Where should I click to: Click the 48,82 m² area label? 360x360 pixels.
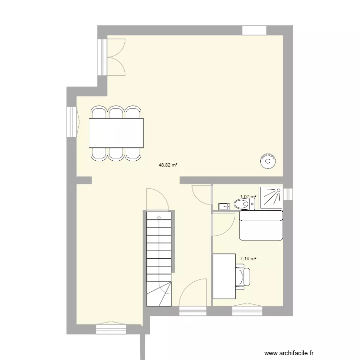point(168,165)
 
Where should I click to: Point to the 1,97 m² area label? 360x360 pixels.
point(248,196)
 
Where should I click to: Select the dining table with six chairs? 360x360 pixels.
point(116,133)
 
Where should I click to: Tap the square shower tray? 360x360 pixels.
point(271,198)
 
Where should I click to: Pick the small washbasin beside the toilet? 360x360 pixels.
point(223,206)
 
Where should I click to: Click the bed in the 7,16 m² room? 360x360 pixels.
point(261,225)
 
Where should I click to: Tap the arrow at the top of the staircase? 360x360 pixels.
point(158,217)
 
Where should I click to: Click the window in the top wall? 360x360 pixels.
point(254,30)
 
